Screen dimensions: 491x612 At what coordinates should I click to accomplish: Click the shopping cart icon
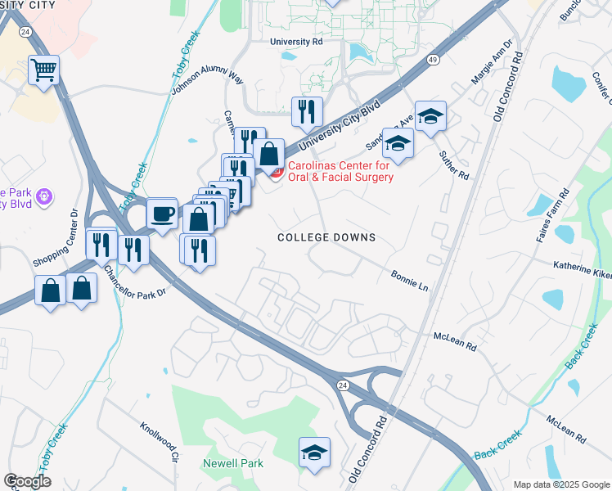coord(44,70)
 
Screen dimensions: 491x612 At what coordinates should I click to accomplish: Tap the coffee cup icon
coord(161,214)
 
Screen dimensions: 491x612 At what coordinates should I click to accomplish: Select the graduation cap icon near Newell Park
coord(313,452)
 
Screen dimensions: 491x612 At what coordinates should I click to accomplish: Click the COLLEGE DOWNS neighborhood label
coord(326,237)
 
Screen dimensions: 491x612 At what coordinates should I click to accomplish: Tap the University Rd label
coord(296,42)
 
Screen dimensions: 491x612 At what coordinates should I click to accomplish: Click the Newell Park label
coord(233,463)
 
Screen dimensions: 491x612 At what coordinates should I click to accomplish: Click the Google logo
coord(27,481)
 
